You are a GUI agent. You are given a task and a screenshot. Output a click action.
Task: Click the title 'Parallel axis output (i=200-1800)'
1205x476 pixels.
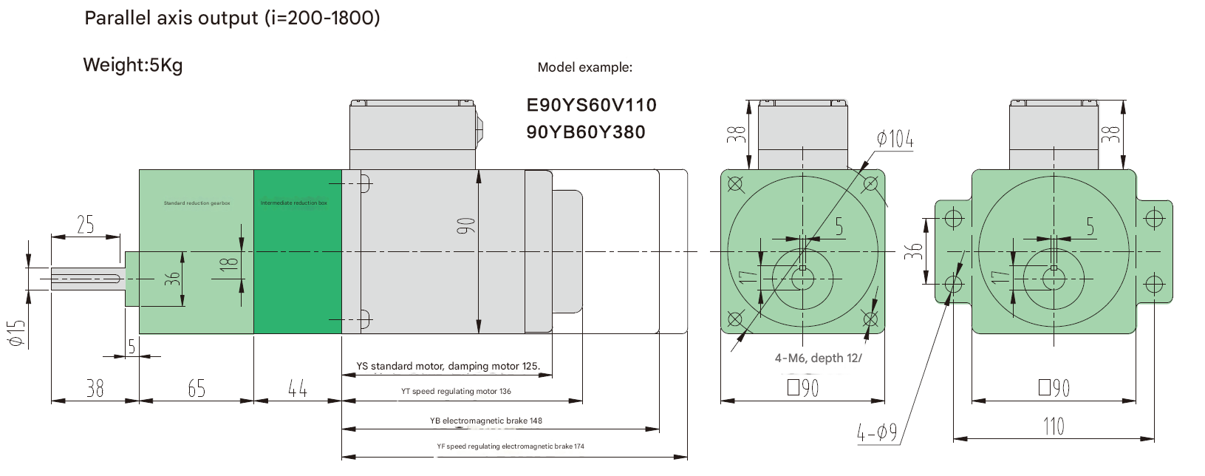[x=232, y=18]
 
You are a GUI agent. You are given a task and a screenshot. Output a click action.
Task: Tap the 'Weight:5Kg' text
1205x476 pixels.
[x=133, y=65]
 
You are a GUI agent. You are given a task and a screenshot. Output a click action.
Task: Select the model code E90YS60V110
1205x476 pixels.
[x=591, y=105]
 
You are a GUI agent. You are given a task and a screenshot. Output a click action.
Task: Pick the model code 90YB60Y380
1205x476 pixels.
[x=586, y=132]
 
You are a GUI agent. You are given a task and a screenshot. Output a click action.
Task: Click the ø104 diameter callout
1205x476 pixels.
[x=895, y=139]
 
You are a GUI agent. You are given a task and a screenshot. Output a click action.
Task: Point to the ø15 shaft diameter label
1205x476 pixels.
[x=16, y=333]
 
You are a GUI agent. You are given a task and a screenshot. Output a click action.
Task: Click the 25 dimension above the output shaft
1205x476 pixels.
[x=86, y=225]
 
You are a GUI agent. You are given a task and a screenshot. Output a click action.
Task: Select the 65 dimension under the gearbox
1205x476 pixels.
[x=197, y=389]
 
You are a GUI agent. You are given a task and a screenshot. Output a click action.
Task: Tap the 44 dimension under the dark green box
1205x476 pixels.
[x=298, y=389]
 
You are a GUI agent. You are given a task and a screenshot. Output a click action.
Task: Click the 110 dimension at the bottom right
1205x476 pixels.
[x=1054, y=426]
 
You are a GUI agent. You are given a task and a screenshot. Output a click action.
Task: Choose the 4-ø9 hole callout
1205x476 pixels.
[x=877, y=432]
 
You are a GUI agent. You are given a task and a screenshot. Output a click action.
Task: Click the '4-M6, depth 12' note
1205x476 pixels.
[x=818, y=358]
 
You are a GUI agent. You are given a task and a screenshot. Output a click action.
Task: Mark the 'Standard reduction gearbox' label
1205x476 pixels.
[x=197, y=203]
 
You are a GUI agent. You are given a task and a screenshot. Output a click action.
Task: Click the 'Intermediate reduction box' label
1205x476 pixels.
[x=294, y=203]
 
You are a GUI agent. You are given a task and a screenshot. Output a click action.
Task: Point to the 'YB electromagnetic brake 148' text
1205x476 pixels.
[x=486, y=421]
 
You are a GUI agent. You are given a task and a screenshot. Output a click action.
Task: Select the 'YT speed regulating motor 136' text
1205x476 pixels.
[x=456, y=392]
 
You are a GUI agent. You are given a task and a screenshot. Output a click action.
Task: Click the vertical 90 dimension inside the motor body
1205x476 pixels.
[x=465, y=225]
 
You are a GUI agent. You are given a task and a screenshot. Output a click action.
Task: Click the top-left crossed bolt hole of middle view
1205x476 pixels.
[x=735, y=183]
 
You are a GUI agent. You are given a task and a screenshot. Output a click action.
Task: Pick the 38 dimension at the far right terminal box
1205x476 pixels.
[x=1110, y=135]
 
